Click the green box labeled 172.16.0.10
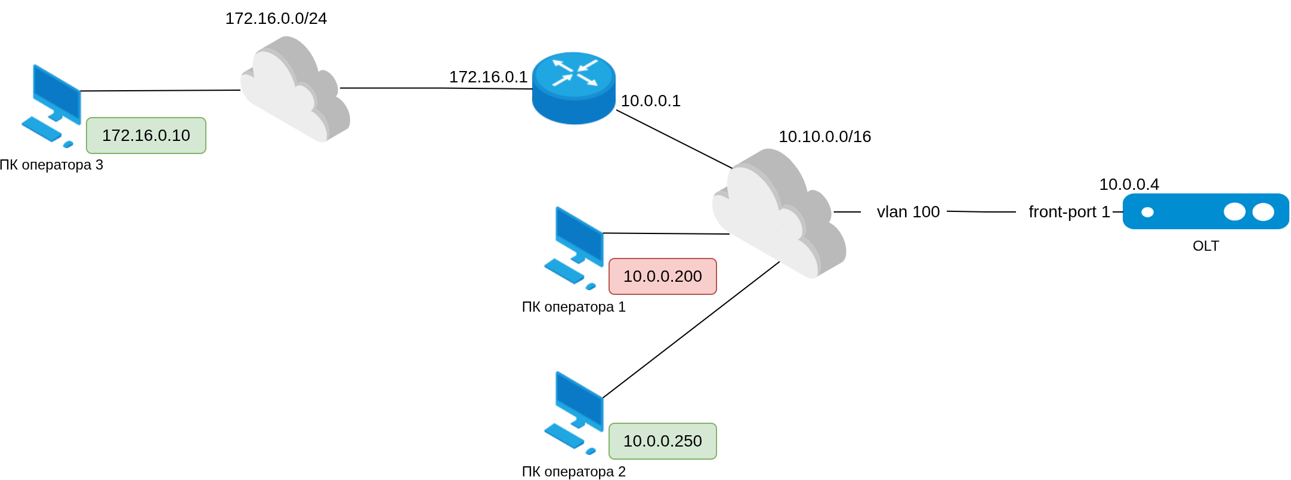(146, 136)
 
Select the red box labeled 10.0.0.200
(662, 276)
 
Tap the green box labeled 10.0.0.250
(662, 441)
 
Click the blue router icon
(573, 88)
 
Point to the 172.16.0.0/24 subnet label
(276, 19)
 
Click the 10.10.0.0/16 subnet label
(824, 137)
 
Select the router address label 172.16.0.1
(488, 77)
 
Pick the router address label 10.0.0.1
(650, 101)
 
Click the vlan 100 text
(908, 212)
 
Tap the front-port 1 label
(1069, 212)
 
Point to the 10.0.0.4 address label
(1129, 184)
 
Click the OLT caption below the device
(1205, 246)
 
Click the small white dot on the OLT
(1147, 212)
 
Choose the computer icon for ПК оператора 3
(52, 106)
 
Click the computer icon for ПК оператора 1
(575, 248)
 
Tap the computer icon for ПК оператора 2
(575, 413)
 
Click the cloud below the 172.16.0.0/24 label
(295, 90)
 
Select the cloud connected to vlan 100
(779, 213)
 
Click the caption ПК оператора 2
(573, 472)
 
